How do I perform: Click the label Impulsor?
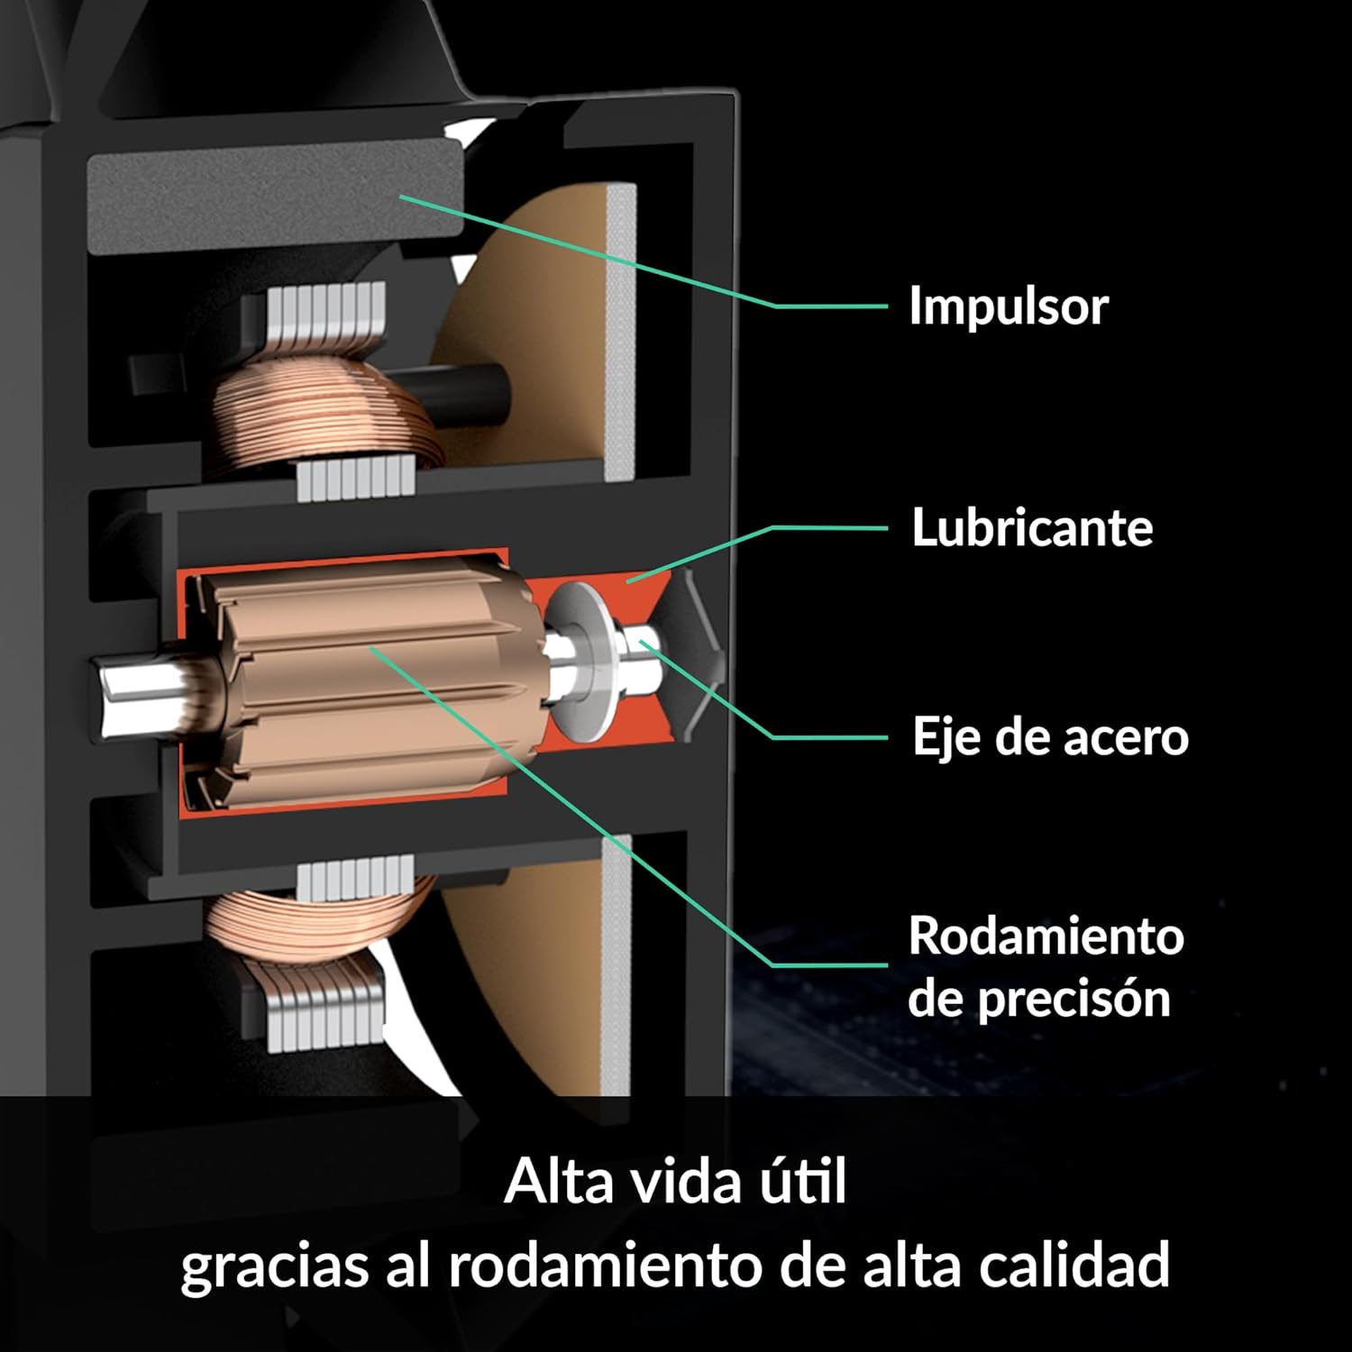coord(1009,306)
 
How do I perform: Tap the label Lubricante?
coord(1032,527)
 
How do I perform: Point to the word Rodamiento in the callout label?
coord(1046,936)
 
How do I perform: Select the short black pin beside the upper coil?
coord(469,395)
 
